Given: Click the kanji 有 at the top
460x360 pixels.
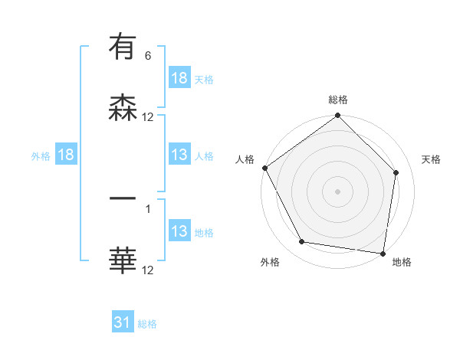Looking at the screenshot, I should click(123, 47).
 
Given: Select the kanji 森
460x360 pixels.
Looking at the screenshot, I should click(123, 109).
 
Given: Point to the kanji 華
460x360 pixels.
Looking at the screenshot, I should click(123, 261).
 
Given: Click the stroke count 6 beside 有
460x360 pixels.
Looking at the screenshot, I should click(148, 56).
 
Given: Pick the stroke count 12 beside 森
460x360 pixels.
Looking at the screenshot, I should click(148, 117).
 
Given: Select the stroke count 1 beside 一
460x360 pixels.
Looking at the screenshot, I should click(148, 207).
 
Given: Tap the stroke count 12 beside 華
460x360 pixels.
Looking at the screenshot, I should click(148, 270).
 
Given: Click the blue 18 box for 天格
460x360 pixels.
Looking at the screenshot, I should click(179, 78).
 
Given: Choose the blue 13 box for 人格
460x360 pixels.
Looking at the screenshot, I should click(179, 155).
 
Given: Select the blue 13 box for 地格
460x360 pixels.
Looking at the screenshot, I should click(179, 231).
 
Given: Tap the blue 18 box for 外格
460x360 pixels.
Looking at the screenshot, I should click(66, 155).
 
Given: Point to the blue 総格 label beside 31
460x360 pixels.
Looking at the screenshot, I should click(148, 324).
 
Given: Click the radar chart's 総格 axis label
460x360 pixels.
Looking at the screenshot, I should click(338, 100).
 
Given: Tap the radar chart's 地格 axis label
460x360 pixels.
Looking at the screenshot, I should click(402, 262).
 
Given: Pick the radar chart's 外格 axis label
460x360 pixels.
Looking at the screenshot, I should click(270, 262).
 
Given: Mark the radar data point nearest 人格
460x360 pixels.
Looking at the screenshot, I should click(264, 168).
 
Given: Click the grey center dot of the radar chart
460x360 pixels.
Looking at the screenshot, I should click(338, 191).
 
